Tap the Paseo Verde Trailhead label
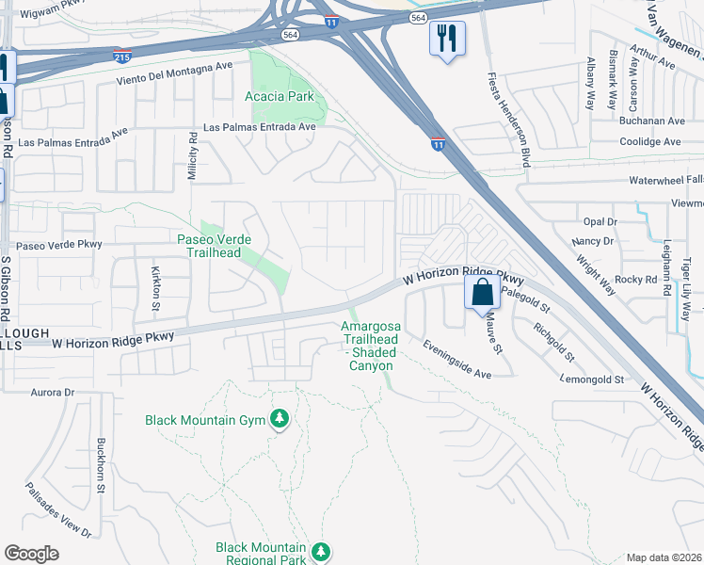215,246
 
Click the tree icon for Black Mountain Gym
279,419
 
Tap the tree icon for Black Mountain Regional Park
321,550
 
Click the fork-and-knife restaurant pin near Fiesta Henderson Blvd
447,39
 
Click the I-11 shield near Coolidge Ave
439,143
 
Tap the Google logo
31,554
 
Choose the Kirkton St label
156,282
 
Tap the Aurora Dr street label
52,392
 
